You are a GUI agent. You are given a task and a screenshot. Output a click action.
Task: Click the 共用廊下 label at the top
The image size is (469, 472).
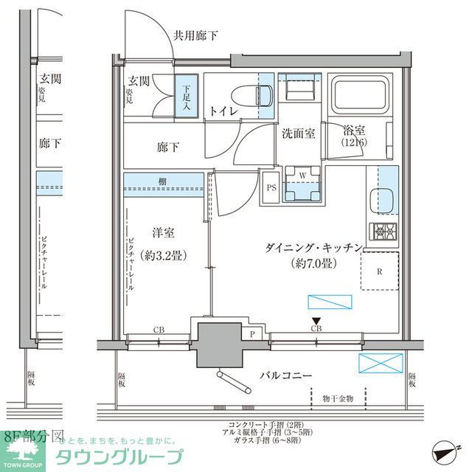click(195, 35)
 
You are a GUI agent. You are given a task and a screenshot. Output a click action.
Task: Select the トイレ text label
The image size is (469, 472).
click(223, 111)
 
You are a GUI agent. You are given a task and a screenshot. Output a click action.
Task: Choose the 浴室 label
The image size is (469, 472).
click(353, 128)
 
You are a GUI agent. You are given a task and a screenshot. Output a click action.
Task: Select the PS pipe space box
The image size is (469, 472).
click(271, 187)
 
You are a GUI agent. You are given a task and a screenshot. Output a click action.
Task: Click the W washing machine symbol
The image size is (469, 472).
click(303, 176)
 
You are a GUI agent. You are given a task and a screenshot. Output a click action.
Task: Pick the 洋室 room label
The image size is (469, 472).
click(162, 232)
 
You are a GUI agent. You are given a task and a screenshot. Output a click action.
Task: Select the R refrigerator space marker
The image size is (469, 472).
click(379, 271)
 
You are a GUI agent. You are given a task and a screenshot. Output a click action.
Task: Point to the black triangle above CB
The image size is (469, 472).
click(316, 320)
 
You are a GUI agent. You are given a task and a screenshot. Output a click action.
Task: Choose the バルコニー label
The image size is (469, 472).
click(285, 375)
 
